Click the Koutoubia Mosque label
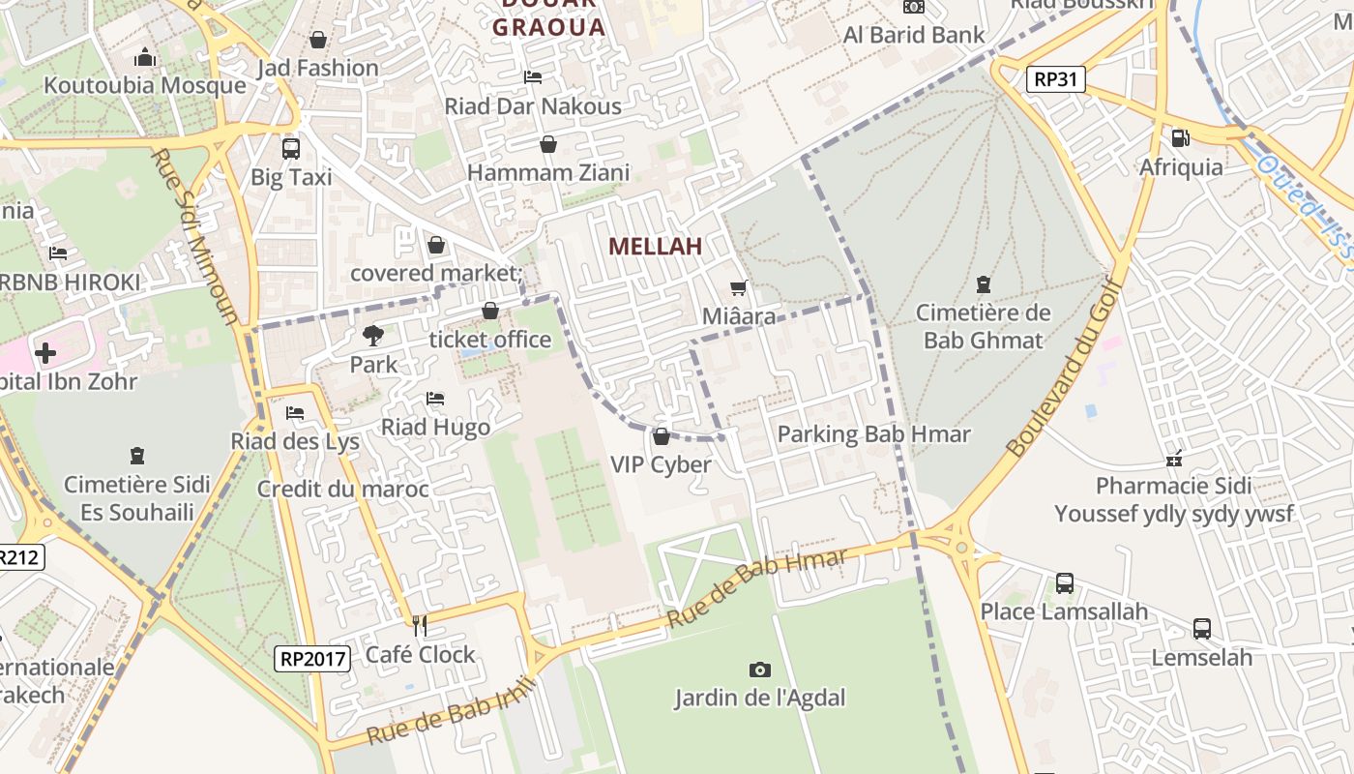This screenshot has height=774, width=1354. point(145,85)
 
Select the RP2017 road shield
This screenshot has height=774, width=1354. point(312,659)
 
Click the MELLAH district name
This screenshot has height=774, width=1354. point(655,247)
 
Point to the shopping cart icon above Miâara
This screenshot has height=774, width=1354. point(739,287)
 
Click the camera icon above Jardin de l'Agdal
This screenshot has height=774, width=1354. point(760,670)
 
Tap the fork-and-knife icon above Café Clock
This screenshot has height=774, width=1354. point(420,626)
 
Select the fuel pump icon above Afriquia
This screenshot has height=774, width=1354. point(1180,138)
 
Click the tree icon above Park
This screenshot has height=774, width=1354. point(373,336)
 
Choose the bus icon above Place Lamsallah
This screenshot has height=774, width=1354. point(1064,583)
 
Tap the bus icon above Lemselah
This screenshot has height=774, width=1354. point(1201,629)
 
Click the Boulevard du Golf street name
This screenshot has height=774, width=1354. point(1065,367)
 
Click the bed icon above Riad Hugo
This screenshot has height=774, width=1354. point(435,399)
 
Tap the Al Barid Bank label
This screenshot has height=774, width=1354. point(914,35)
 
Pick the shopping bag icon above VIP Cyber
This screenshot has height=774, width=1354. point(662,436)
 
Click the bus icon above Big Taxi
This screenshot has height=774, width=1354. point(290,149)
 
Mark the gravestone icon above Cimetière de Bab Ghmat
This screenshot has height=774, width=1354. point(984,284)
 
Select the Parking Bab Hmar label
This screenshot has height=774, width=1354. point(873,434)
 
